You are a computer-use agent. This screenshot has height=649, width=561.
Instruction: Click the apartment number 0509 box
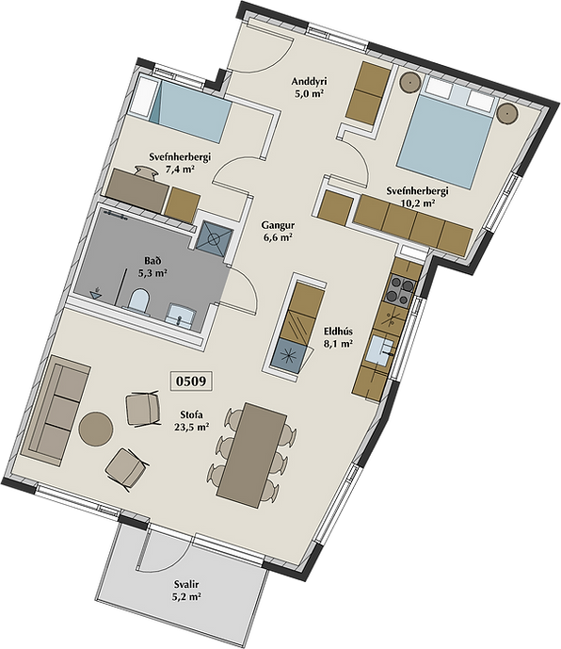pos(192,381)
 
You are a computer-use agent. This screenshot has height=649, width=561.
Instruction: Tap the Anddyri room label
pos(309,81)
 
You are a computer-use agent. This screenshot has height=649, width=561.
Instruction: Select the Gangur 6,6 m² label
pos(278,232)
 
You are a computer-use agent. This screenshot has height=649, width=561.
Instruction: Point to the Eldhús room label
pos(338,332)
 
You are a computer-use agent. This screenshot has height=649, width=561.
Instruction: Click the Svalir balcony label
pos(186,584)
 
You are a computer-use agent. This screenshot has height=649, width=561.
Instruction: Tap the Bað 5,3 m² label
pos(152,267)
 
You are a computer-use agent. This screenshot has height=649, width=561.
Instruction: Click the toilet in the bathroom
pos(137,300)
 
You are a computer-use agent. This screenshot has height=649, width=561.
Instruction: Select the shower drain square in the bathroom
pos(214,238)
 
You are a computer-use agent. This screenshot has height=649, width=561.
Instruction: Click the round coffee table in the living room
pos(96,429)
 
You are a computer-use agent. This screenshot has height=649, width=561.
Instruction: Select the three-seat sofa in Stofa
pos(55,411)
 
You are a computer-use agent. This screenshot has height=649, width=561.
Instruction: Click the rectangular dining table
pos(252,454)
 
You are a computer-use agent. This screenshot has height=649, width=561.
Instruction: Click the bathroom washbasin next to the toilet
pos(182,316)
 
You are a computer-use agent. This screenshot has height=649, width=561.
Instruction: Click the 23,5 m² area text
pos(191,427)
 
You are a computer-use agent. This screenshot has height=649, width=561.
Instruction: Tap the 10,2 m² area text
pos(418,203)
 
